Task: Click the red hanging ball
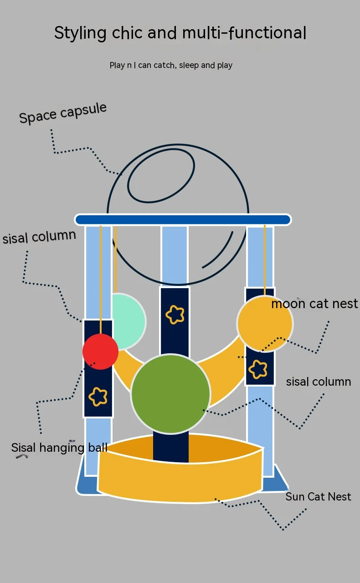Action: (100, 351)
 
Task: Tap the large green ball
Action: (170, 394)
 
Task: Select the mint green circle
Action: (129, 322)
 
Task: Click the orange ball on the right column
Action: (265, 324)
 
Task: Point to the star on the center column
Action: (175, 315)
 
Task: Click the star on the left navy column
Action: (98, 397)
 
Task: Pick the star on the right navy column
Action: (258, 369)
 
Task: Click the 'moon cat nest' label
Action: (314, 304)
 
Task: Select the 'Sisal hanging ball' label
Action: (59, 448)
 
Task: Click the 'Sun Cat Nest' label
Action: (318, 496)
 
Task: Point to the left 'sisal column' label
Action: (39, 237)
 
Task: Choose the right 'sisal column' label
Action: (319, 382)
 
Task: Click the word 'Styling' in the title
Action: (80, 33)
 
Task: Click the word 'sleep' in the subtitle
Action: (189, 65)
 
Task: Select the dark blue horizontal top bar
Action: (183, 220)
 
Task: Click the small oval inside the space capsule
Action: (161, 175)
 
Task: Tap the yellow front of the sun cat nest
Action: (180, 479)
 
